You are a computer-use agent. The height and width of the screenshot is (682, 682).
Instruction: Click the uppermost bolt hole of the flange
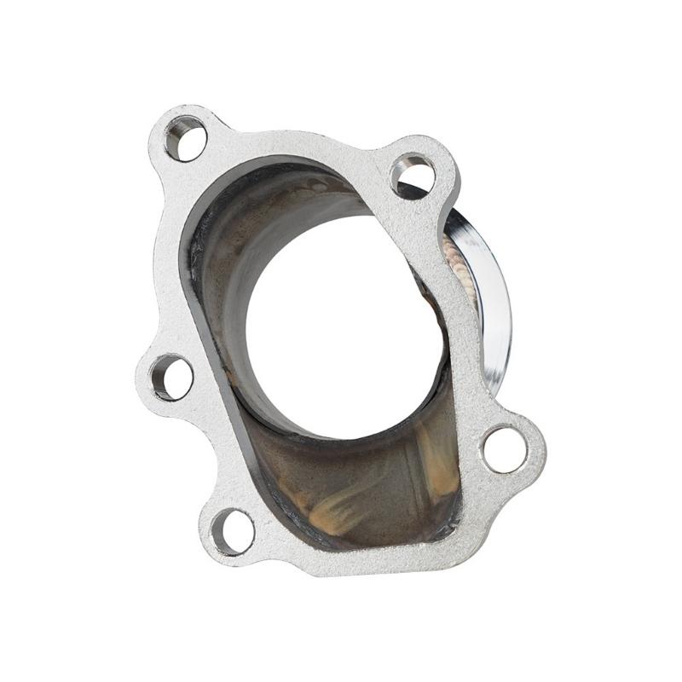[187, 139]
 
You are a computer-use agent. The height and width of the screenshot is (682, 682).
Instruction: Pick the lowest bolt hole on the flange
[233, 532]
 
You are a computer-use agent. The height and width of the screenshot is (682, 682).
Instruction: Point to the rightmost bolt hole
[505, 448]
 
